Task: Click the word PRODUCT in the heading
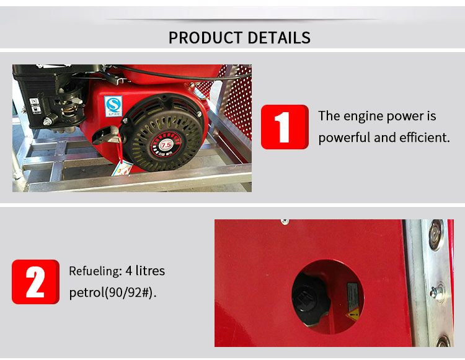pos(205,37)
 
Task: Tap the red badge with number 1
pos(285,127)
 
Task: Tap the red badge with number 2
pos(35,282)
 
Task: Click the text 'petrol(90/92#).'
pos(113,292)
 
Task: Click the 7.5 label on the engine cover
pos(166,145)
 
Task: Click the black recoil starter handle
pos(105,133)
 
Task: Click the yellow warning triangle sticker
pos(353,313)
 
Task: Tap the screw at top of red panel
pos(285,221)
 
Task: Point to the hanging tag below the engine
pos(122,167)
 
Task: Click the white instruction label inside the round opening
pos(352,291)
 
